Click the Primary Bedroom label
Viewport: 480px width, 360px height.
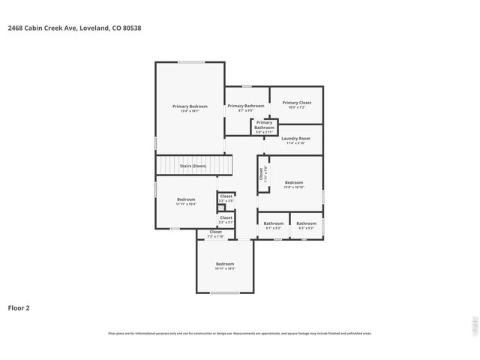pyautogui.click(x=190, y=107)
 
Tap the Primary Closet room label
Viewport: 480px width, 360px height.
pyautogui.click(x=296, y=103)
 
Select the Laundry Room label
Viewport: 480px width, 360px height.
pyautogui.click(x=295, y=139)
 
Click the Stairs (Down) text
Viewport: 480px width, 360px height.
pyautogui.click(x=194, y=166)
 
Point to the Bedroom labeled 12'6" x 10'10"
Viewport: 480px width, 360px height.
pyautogui.click(x=294, y=184)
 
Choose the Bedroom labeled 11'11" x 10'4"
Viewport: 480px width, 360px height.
pyautogui.click(x=185, y=201)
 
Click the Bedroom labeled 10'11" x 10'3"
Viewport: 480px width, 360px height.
pyautogui.click(x=225, y=265)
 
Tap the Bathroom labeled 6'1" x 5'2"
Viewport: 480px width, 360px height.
pyautogui.click(x=274, y=224)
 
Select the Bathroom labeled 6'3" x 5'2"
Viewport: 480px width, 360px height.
pyautogui.click(x=306, y=224)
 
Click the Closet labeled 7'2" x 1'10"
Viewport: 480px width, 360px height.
pyautogui.click(x=216, y=234)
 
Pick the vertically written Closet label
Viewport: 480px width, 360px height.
pyautogui.click(x=262, y=175)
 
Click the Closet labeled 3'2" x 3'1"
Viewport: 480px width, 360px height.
pyautogui.click(x=226, y=219)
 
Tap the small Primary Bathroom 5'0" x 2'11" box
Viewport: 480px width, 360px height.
pyautogui.click(x=264, y=125)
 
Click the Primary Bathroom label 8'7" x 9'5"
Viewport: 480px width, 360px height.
pyautogui.click(x=246, y=107)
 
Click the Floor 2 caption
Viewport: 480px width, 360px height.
pyautogui.click(x=19, y=307)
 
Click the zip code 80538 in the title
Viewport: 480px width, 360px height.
pyautogui.click(x=132, y=28)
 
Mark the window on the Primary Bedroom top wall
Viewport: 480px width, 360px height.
pyautogui.click(x=190, y=62)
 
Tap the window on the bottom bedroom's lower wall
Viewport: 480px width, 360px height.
pyautogui.click(x=224, y=292)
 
